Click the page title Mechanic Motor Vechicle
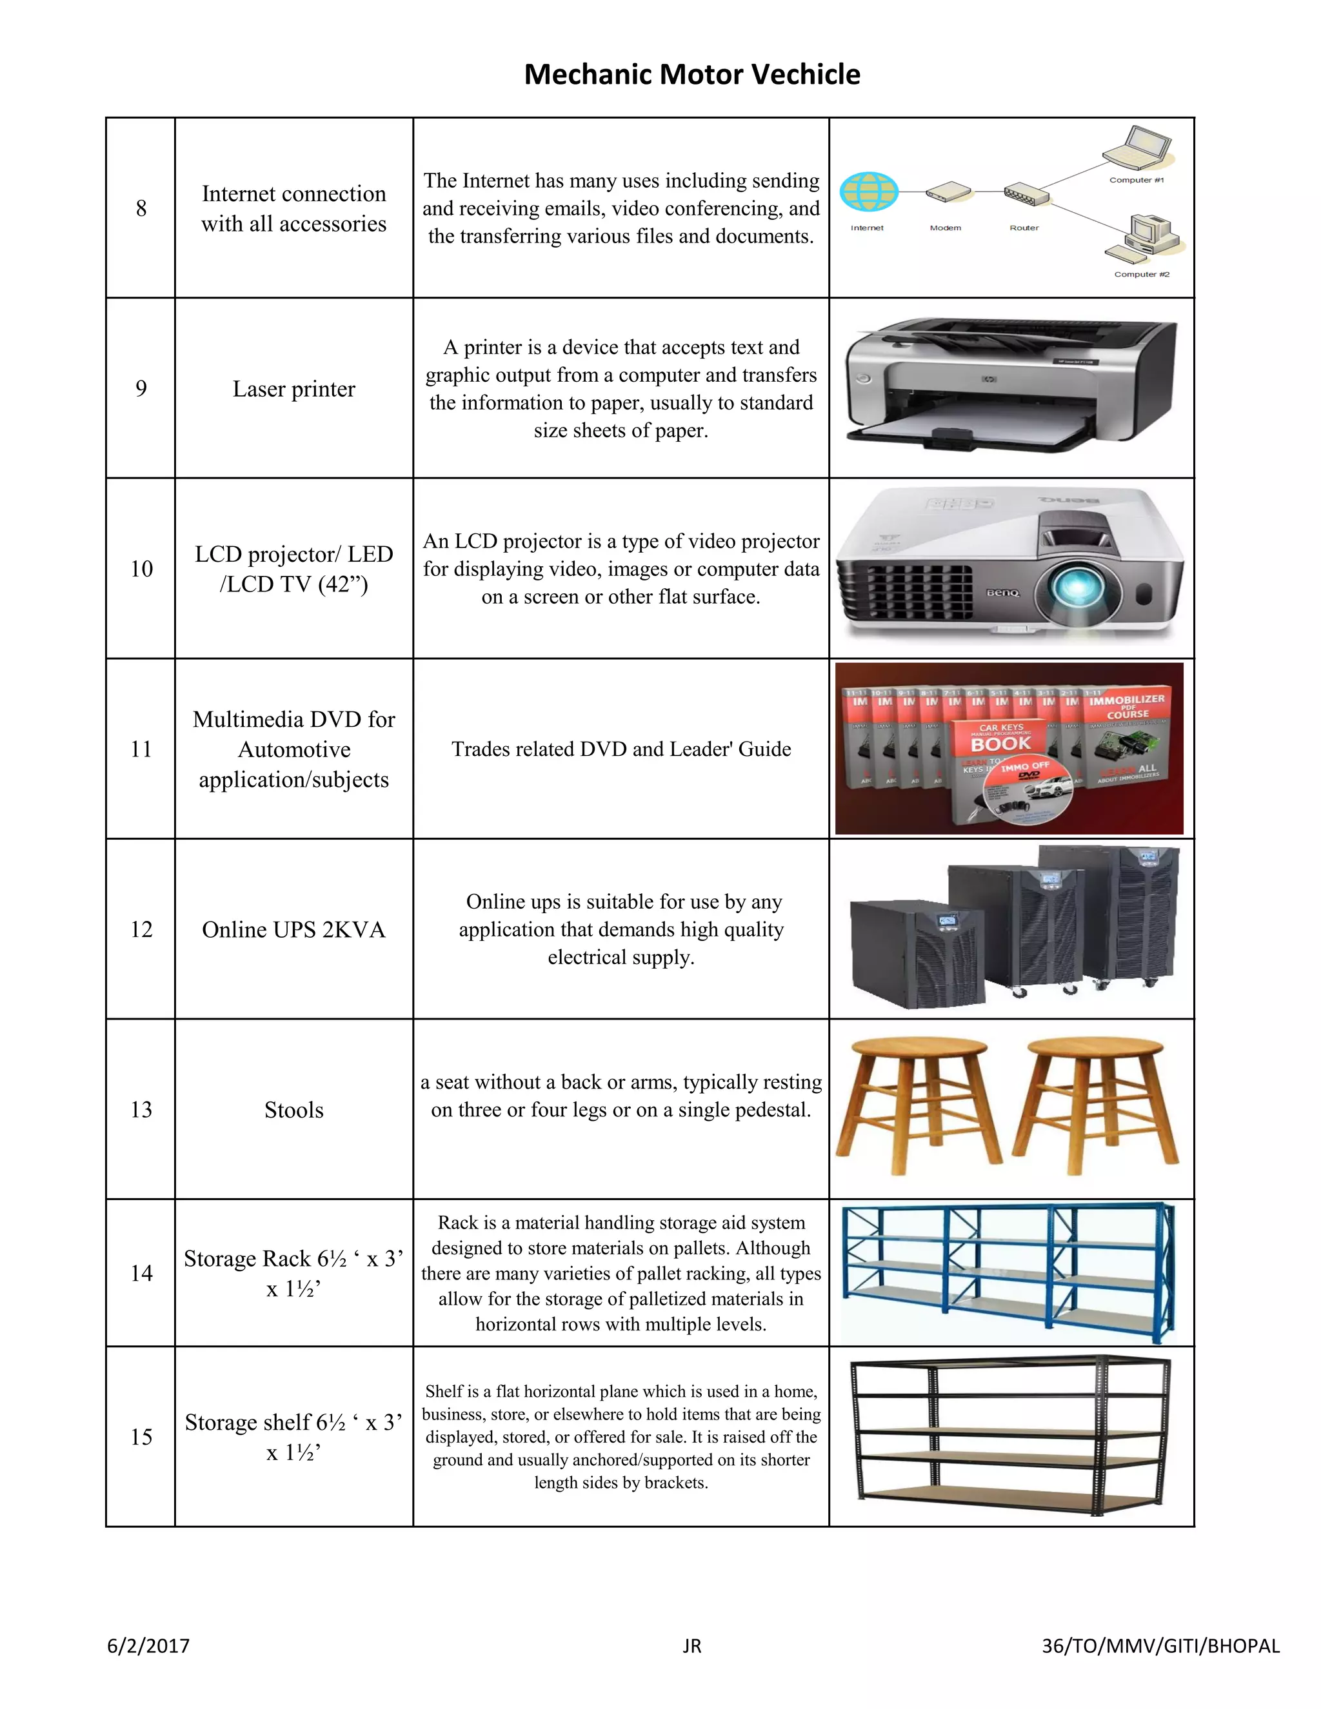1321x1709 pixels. click(x=692, y=74)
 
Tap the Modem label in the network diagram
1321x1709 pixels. click(x=946, y=228)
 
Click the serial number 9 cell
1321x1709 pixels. click(x=141, y=388)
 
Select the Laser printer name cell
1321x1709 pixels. click(x=293, y=389)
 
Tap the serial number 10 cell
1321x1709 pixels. click(x=141, y=569)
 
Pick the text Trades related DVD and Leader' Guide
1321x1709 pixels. click(x=621, y=749)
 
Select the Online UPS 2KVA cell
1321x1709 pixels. click(x=293, y=929)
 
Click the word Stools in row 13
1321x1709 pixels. click(x=293, y=1110)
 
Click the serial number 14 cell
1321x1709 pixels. click(x=141, y=1273)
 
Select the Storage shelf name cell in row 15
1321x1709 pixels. click(x=293, y=1437)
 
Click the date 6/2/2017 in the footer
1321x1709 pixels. click(x=149, y=1646)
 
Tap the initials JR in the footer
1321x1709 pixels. click(x=692, y=1646)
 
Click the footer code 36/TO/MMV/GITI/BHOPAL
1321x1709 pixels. click(x=1160, y=1646)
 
